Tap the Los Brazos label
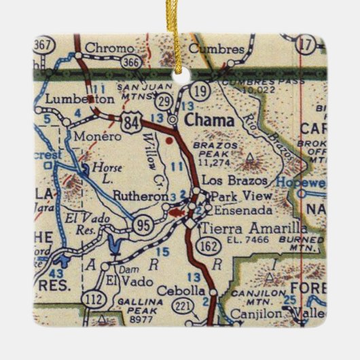pyautogui.click(x=233, y=182)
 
